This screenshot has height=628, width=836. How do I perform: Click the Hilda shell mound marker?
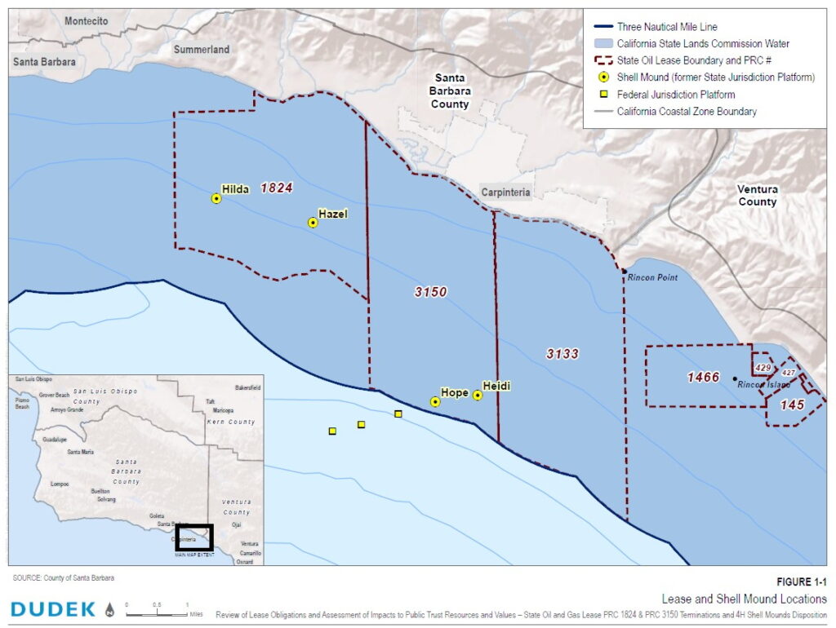pos(216,198)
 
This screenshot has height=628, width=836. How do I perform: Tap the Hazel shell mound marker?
pos(313,223)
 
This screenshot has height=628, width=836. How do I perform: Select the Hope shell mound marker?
pos(435,401)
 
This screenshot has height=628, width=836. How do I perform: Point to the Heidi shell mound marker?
pos(478,396)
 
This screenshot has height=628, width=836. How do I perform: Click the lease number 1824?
pos(276,188)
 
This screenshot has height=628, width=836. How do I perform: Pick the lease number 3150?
pos(430,292)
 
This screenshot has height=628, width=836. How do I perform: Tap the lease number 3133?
pos(563,353)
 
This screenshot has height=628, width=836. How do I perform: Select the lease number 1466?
pos(703,377)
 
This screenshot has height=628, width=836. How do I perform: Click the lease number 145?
pos(792,405)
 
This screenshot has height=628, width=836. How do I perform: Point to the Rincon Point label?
pos(653,277)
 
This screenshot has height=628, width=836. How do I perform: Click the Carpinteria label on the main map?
pos(505,193)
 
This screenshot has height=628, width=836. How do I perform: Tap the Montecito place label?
pos(86,21)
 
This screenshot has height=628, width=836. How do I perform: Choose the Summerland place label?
pos(202,50)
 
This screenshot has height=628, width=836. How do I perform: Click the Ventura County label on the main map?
pos(758,195)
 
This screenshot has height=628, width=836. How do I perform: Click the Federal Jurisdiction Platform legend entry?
pos(675,95)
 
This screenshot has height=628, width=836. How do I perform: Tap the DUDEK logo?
pos(53,608)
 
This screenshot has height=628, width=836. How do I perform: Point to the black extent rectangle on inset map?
pos(193,537)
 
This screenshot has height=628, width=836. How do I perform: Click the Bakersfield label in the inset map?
pos(247,387)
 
